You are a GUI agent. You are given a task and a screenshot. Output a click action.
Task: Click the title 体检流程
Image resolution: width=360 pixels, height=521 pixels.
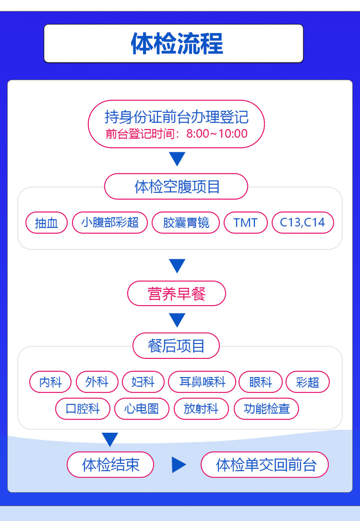coord(177,43)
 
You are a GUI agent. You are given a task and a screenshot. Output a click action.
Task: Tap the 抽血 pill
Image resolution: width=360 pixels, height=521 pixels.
coord(46,223)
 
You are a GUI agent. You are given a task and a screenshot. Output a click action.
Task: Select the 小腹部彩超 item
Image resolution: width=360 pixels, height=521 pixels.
coord(110,222)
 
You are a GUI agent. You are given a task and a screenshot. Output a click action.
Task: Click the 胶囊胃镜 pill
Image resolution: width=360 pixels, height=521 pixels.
coord(186,222)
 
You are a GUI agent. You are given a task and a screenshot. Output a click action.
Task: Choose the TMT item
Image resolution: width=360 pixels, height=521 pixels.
coord(246,222)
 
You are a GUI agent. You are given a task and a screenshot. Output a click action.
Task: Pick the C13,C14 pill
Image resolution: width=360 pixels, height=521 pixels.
coord(302,222)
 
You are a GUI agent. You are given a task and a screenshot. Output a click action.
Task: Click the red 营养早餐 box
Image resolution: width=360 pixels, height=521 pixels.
coord(177,294)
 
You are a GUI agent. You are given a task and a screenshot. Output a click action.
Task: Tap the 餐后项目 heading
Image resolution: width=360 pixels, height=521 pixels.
coord(176,346)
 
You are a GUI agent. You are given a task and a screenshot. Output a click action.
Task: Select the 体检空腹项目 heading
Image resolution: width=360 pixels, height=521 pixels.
coord(177,186)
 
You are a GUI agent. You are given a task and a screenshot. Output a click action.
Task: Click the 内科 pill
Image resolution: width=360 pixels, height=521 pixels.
coord(50,382)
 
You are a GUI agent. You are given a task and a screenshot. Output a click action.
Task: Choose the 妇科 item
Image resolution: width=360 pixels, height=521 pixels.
coord(143,382)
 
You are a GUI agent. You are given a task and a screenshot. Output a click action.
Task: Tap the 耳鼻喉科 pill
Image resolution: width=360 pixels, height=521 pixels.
coord(202,382)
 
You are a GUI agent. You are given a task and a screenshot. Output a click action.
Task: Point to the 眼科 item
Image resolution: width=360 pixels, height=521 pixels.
coord(260,382)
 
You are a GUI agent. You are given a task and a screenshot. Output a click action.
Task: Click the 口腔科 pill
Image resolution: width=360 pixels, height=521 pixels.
coord(82,409)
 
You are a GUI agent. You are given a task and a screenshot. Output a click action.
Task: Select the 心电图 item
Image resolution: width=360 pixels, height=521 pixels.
coord(142,409)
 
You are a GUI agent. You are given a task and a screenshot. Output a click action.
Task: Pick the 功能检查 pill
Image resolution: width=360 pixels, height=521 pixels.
coord(266,409)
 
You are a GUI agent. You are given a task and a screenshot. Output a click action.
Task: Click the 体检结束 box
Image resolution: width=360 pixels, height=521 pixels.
coord(110,465)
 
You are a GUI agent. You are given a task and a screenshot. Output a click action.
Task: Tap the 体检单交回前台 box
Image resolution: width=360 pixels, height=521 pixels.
coord(265,465)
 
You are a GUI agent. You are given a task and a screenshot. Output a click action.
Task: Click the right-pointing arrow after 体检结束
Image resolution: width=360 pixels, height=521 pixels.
coord(179,465)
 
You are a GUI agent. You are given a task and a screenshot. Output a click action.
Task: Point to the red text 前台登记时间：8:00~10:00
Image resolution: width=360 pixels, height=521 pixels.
coord(177,134)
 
